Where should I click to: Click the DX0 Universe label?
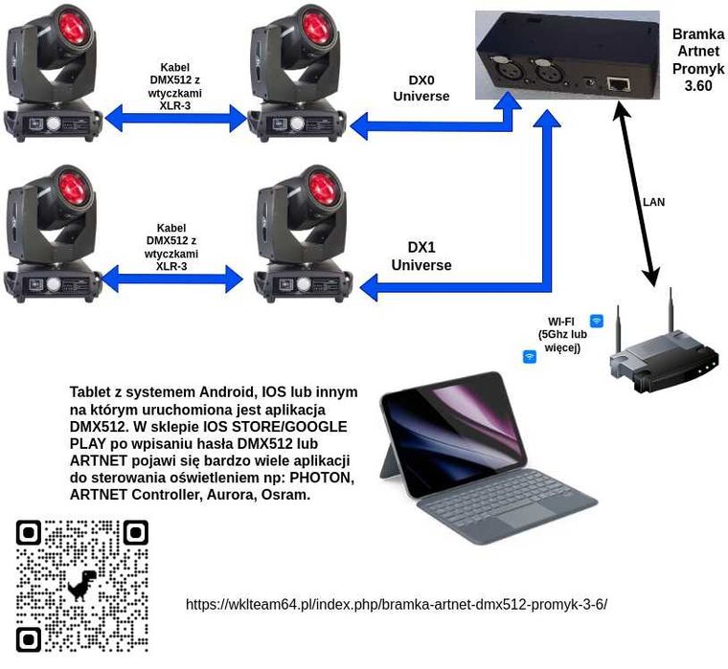click(x=421, y=90)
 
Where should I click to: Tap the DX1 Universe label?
click(x=421, y=256)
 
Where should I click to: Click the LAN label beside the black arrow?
click(x=653, y=202)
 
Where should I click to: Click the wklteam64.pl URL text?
click(x=397, y=604)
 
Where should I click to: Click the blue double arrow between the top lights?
click(x=174, y=119)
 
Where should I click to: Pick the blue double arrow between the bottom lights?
click(x=172, y=279)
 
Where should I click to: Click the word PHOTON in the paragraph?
click(x=322, y=478)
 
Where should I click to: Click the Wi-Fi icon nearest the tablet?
click(x=529, y=357)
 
